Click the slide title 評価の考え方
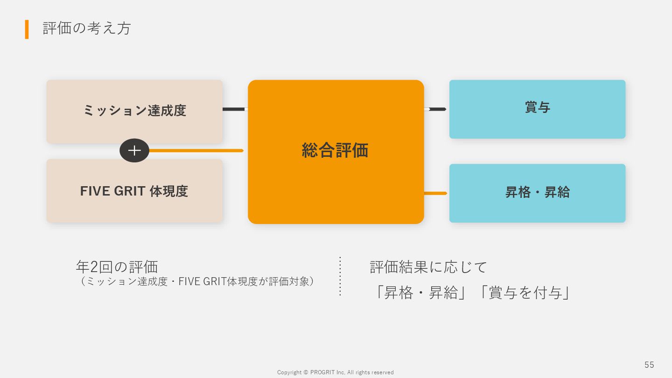87,28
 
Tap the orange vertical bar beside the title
27,29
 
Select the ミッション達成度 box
134,111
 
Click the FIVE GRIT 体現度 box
134,191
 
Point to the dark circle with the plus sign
134,150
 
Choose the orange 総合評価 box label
335,150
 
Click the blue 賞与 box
537,109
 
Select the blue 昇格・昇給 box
537,193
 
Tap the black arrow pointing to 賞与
436,109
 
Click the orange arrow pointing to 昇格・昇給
436,193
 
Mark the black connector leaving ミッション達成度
234,109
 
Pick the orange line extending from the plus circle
196,151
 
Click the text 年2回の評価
117,267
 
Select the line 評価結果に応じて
428,267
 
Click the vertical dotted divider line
340,276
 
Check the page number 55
649,365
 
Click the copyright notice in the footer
335,372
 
